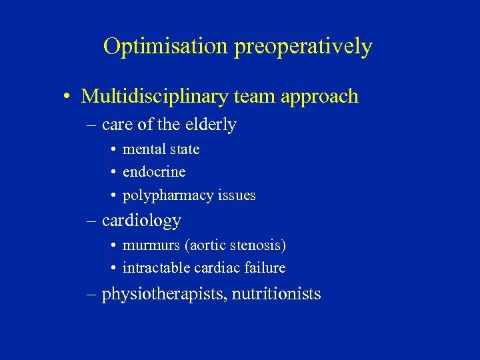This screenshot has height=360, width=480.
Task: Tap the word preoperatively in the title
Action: [x=303, y=47]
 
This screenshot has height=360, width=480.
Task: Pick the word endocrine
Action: [x=154, y=172]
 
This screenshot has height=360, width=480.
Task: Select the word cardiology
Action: [x=141, y=221]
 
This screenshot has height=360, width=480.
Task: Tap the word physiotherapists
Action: [x=163, y=294]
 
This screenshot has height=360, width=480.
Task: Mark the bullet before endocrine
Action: [x=115, y=173]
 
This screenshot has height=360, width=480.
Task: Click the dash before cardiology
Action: [x=93, y=221]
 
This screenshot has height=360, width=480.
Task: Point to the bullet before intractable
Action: [x=115, y=269]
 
